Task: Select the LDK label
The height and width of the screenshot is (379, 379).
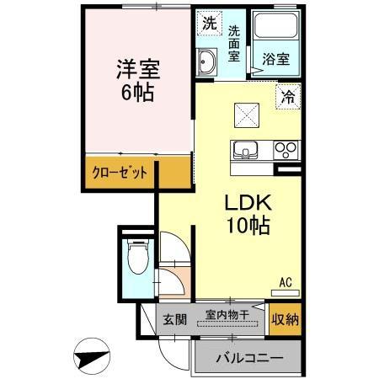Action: coord(247,203)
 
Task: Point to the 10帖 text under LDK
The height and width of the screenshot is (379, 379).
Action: coord(247,226)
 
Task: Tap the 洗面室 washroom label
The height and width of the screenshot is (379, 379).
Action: coord(236,41)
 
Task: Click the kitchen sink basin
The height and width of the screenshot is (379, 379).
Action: coord(247,151)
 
